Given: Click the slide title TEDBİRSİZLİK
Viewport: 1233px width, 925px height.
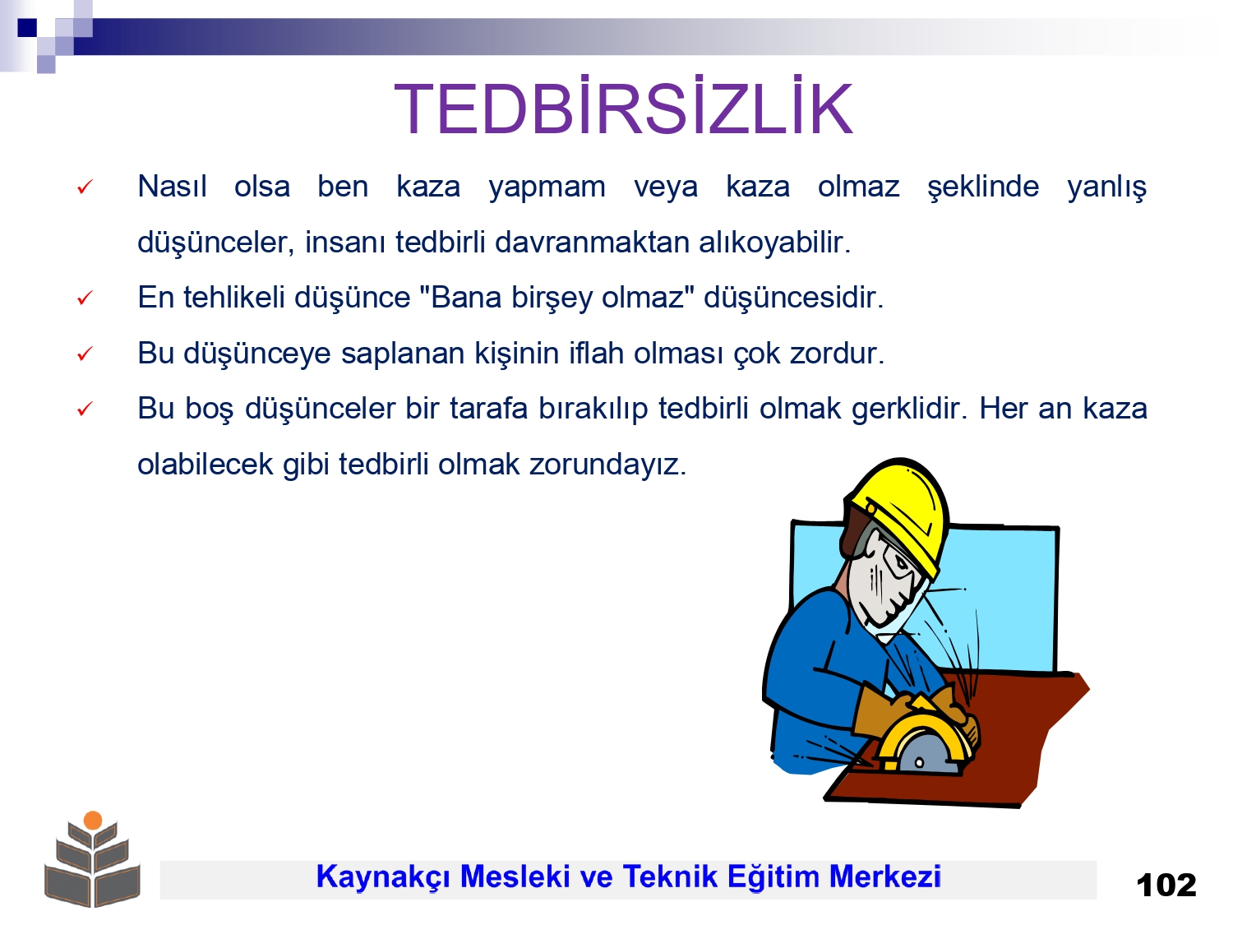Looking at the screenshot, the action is click(623, 107).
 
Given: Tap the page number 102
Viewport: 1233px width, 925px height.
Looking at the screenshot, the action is click(1166, 886).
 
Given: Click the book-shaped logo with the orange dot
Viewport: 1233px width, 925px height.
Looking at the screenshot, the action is click(92, 858).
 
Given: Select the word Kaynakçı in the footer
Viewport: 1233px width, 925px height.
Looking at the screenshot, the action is click(383, 877).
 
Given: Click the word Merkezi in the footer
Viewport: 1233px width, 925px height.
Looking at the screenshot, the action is click(884, 876).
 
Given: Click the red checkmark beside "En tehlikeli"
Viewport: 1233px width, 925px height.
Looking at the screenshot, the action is click(85, 298).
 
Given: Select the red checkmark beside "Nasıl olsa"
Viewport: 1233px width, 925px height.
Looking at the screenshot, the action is click(85, 187).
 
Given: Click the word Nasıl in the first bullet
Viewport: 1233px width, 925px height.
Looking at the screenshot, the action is click(172, 186).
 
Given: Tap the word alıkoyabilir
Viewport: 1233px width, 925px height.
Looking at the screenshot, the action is click(774, 242).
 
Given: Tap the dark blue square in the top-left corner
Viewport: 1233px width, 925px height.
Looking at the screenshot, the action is click(27, 27).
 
